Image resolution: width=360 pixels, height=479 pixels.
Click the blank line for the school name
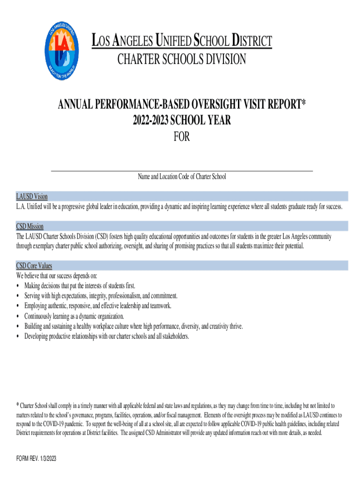[181, 170]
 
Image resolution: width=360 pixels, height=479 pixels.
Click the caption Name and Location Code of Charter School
[181, 177]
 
